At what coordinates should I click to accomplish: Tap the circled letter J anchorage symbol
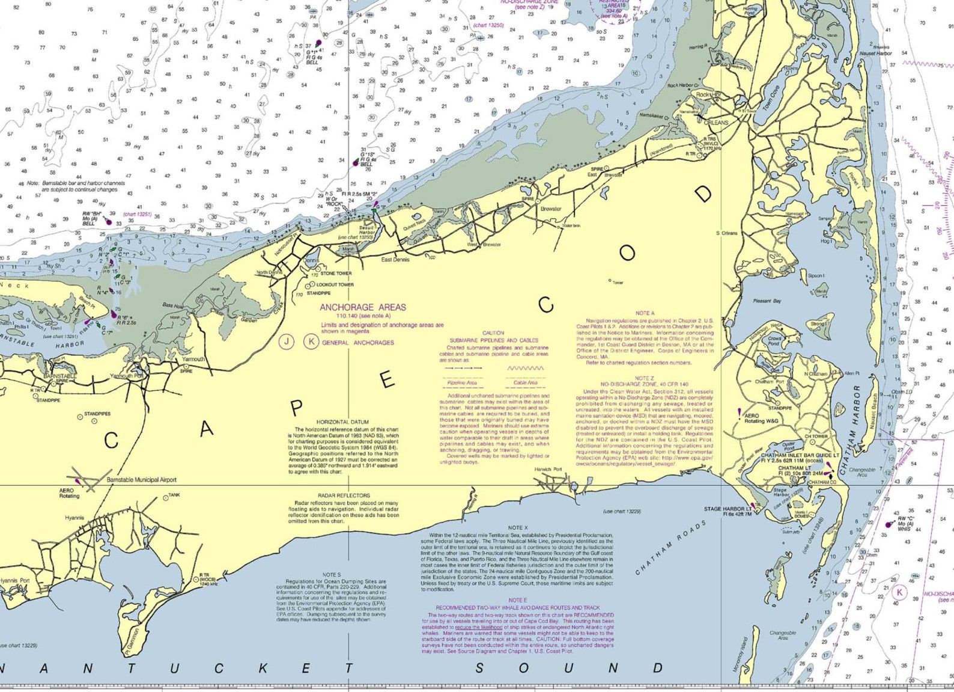[287, 342]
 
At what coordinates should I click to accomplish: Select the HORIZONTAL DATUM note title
[342, 422]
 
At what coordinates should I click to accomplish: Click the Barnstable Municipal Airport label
[142, 480]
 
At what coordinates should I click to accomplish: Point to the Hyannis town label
[74, 518]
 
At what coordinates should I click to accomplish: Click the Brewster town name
[551, 209]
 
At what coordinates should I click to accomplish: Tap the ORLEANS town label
[715, 123]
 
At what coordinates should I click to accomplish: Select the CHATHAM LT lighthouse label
[794, 468]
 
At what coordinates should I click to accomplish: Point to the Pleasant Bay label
[767, 301]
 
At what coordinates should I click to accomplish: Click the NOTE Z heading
[644, 378]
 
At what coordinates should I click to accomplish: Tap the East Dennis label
[395, 260]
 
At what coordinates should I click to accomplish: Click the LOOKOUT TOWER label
[335, 284]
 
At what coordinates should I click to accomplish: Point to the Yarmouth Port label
[127, 376]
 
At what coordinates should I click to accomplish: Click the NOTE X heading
[517, 528]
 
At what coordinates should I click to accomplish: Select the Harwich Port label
[548, 470]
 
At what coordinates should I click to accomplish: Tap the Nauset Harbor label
[875, 54]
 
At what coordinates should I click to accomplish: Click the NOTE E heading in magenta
[517, 600]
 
